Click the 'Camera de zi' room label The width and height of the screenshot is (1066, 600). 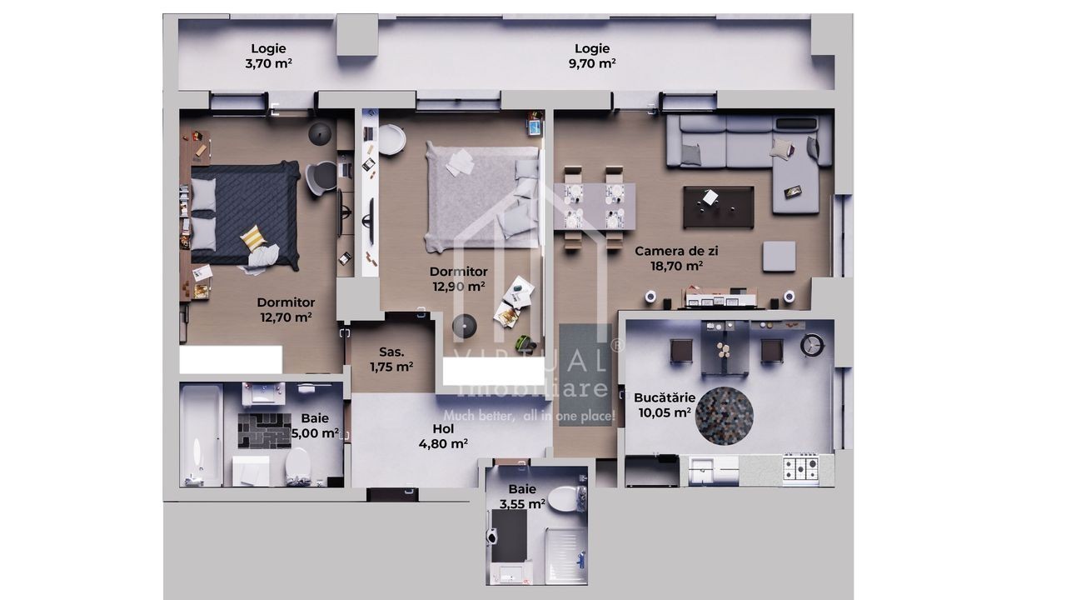pos(676,251)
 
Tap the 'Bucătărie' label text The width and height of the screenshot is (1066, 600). pos(665,397)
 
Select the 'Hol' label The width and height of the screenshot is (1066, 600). pos(443,428)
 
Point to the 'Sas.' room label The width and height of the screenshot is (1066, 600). pos(391,352)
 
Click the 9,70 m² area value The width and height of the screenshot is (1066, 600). pos(592,63)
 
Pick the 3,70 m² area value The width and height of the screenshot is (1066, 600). pos(268,63)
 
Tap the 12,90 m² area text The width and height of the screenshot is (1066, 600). pos(459,286)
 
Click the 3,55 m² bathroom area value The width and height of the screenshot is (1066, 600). pos(522,503)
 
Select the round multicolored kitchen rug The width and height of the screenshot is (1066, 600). pos(725,416)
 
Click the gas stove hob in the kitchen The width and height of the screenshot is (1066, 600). pos(801,468)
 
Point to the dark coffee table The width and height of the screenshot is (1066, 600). pos(719,207)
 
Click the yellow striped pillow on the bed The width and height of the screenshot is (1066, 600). pos(253,237)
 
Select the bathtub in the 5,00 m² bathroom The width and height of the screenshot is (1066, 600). pos(202,435)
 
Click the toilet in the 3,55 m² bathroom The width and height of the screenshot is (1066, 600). pos(565,499)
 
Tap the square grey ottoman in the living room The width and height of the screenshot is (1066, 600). pos(779,256)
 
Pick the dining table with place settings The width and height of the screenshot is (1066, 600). pos(595,207)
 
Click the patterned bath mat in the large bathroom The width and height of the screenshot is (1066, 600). pos(265,431)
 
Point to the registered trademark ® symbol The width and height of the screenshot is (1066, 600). pos(617,345)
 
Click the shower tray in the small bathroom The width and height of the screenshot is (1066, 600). pos(566,555)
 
